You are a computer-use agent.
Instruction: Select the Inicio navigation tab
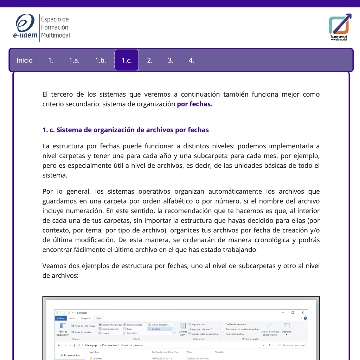tap(25, 60)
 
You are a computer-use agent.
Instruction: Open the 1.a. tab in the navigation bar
tap(74, 60)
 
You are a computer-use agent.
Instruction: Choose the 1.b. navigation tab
tap(101, 60)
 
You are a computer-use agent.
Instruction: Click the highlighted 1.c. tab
tap(127, 60)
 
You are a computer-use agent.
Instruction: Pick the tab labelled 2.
tap(150, 60)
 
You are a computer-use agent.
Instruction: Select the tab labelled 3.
tap(171, 60)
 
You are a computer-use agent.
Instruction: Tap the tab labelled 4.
tap(191, 60)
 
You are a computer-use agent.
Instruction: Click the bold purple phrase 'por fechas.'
tap(194, 104)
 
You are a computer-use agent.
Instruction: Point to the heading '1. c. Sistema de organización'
tap(126, 130)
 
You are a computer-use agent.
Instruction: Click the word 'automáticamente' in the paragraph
tap(230, 192)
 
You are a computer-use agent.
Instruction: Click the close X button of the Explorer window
tap(302, 313)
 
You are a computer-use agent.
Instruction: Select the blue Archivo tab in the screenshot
tap(60, 318)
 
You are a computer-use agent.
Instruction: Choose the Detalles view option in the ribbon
tap(156, 329)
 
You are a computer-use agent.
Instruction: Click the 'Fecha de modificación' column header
tap(165, 352)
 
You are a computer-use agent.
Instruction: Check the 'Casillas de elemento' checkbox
tap(223, 324)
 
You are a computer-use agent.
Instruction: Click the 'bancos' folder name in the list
tap(98, 358)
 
